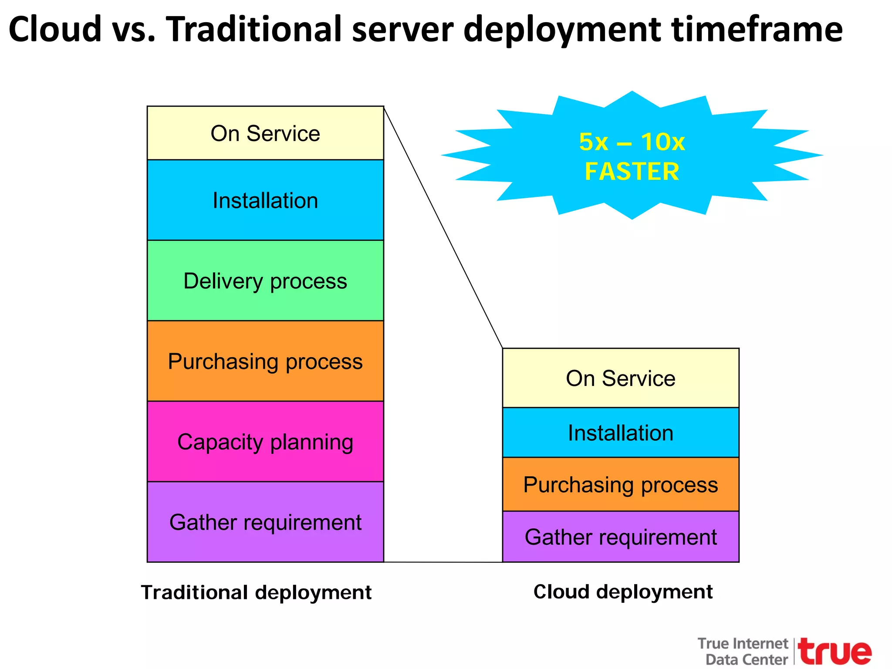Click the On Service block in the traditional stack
(265, 133)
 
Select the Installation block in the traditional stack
(265, 200)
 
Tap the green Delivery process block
(265, 281)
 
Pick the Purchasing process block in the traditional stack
(265, 361)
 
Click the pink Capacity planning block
(265, 442)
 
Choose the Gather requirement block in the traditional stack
(265, 522)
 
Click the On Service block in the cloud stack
(621, 378)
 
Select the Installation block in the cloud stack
(621, 432)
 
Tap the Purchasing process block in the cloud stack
(621, 484)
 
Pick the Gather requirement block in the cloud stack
(621, 537)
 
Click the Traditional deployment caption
(256, 592)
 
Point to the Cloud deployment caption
(623, 591)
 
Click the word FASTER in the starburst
(632, 171)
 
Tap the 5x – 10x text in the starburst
(632, 142)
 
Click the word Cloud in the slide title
(54, 29)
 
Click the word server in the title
(402, 29)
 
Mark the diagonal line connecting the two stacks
(443, 227)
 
